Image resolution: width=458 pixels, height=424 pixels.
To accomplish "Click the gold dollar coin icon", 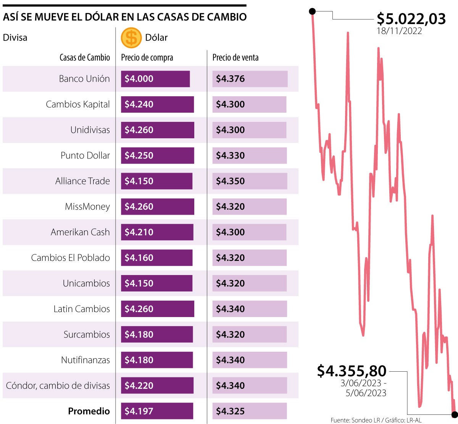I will click(131, 37).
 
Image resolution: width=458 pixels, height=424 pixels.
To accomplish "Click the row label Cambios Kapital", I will click(78, 104).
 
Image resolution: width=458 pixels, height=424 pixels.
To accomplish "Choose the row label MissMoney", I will click(87, 207).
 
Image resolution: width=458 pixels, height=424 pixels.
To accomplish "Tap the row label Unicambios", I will click(86, 283).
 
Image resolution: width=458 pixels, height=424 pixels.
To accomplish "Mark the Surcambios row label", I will click(87, 335).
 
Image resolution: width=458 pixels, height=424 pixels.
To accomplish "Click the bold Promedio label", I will click(89, 411).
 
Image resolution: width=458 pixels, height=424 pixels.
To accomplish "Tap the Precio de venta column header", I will click(235, 58).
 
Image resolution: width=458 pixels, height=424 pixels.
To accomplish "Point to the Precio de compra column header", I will click(147, 58).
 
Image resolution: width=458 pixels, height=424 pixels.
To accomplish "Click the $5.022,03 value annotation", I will click(411, 18).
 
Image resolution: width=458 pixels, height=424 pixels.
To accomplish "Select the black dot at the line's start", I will click(312, 11).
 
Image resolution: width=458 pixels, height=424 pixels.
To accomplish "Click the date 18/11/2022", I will click(399, 31).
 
